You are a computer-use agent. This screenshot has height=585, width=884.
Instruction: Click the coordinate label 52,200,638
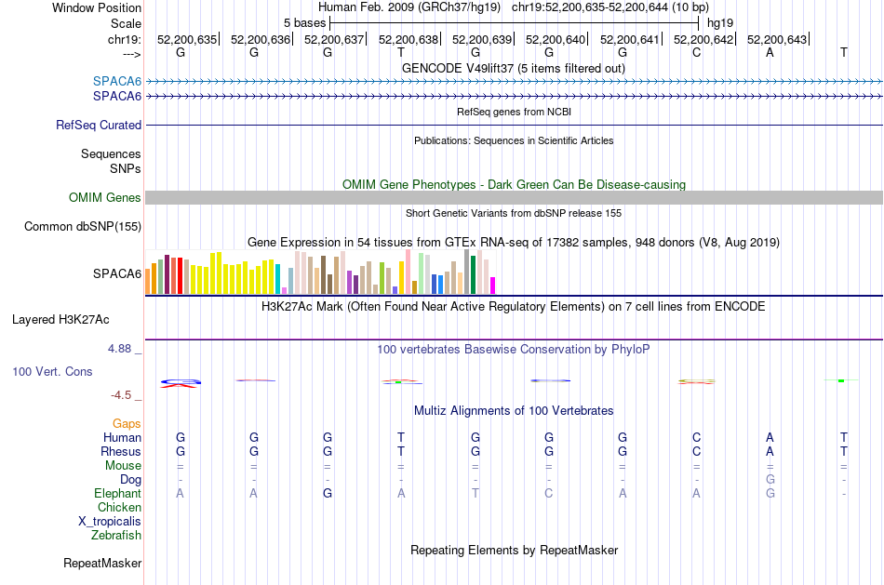(x=409, y=39)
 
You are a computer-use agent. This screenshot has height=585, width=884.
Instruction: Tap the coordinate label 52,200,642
(x=703, y=39)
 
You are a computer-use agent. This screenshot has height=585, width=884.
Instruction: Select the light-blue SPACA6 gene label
(x=117, y=81)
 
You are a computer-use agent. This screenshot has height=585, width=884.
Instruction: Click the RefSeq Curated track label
(x=99, y=126)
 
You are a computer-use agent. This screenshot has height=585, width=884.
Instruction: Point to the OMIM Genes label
(x=105, y=197)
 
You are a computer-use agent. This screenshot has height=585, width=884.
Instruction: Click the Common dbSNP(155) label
(x=83, y=227)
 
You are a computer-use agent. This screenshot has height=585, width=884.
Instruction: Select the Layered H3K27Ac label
(x=60, y=320)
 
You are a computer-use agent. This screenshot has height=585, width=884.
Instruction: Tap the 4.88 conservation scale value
(x=119, y=349)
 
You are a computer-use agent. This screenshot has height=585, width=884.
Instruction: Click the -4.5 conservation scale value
(x=121, y=395)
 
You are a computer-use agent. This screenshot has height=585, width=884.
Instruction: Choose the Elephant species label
(x=118, y=493)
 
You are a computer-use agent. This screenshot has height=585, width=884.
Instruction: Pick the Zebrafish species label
(x=116, y=535)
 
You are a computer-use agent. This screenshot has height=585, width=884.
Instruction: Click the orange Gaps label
(x=127, y=423)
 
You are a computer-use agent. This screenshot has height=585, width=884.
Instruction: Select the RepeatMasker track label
(x=102, y=563)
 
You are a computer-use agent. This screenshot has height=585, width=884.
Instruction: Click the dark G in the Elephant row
(x=328, y=493)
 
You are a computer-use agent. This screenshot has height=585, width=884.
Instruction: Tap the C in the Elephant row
(x=549, y=493)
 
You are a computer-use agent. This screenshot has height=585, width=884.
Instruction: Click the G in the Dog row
(x=770, y=479)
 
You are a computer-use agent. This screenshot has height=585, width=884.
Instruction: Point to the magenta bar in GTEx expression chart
(x=493, y=286)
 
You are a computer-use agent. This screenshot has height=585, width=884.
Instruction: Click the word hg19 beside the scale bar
(x=720, y=23)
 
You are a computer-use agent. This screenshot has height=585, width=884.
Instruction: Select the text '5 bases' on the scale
(x=304, y=23)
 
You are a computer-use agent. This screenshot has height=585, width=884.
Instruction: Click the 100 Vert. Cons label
(x=52, y=371)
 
